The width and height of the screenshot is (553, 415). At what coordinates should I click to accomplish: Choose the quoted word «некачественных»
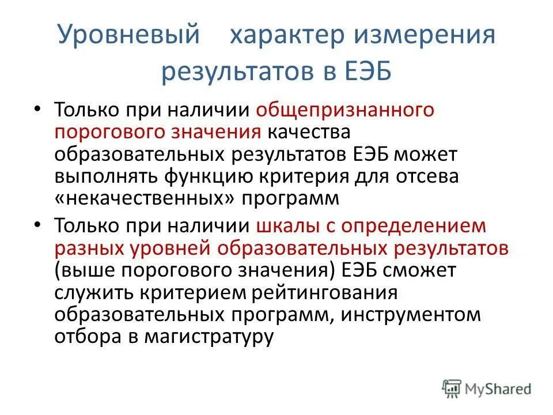tap(146, 199)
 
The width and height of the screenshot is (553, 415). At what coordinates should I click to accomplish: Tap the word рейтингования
tap(325, 292)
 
